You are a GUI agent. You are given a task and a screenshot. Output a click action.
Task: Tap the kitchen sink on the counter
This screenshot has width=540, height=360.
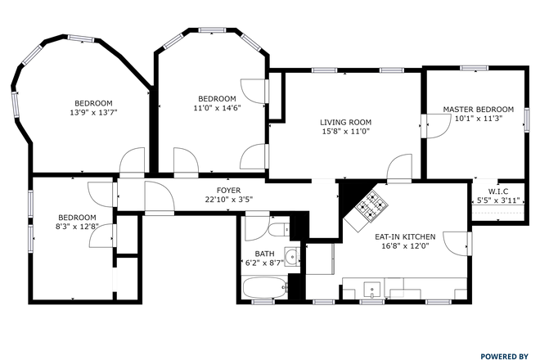point(371,289)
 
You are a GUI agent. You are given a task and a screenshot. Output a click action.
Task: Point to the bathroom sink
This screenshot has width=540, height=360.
point(290,254)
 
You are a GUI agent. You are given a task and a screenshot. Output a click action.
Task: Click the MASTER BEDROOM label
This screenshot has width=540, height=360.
point(478,109)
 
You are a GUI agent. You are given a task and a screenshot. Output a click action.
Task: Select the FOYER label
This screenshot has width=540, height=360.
point(205,190)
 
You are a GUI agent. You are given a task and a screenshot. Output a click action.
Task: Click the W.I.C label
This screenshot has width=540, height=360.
point(498,191)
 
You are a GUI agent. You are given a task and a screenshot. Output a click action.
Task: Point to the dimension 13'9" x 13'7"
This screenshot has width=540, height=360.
point(94,113)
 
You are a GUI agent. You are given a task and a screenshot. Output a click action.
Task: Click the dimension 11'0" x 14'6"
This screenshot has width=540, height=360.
point(216,107)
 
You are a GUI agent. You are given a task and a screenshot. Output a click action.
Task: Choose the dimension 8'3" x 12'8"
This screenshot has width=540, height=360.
point(77,227)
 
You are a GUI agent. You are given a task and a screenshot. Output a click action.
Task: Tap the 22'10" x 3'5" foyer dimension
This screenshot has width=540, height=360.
point(205,199)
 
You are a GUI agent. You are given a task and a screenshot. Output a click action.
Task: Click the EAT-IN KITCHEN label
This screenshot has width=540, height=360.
point(405,236)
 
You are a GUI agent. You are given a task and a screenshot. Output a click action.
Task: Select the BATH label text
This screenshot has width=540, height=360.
point(264,254)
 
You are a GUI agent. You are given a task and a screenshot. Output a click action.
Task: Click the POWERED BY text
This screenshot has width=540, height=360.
point(504,356)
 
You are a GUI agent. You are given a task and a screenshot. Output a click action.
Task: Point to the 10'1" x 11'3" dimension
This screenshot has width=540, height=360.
point(478,118)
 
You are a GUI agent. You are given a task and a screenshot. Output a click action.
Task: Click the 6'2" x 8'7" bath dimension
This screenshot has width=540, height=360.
point(264,263)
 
